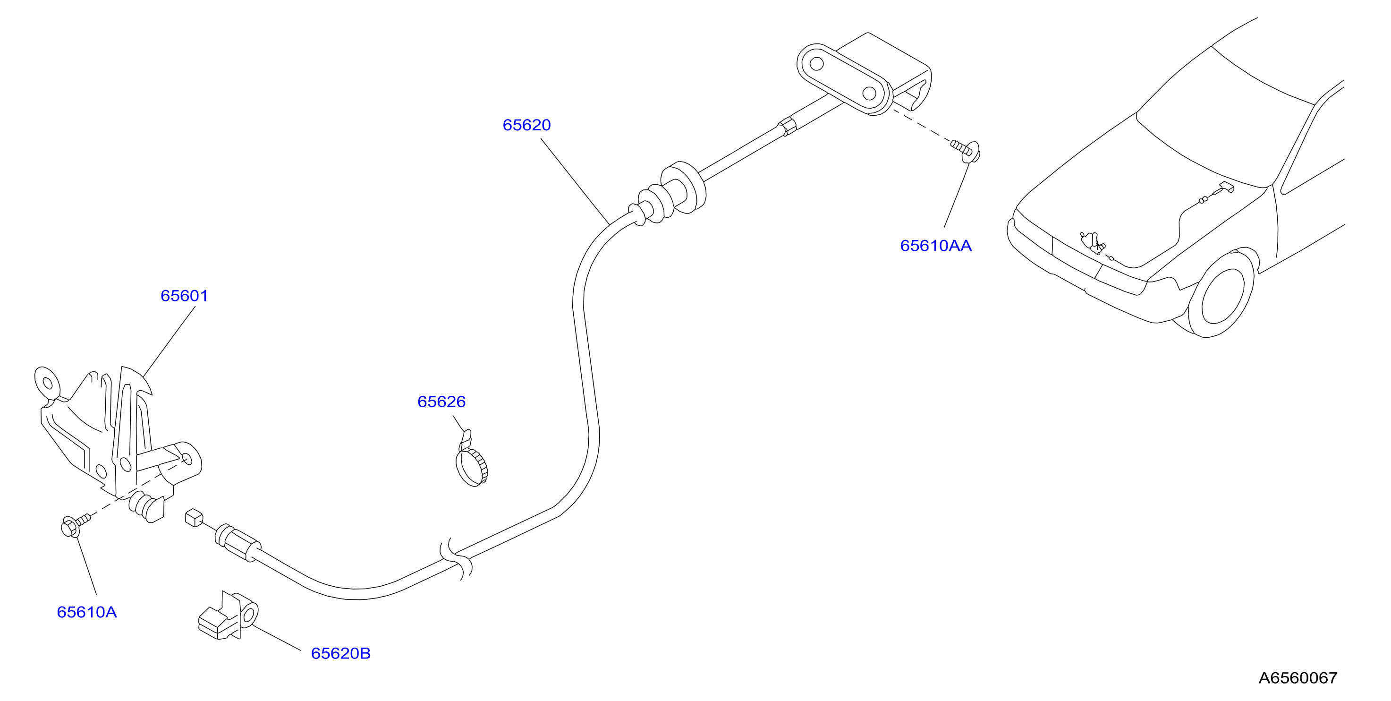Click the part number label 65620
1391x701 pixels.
(526, 125)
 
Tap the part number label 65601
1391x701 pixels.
(184, 296)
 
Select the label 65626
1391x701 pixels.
(441, 402)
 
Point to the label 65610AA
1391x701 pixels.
(935, 246)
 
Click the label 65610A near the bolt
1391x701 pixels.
(87, 612)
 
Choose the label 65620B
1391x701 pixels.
(341, 653)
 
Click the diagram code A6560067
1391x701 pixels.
(1298, 678)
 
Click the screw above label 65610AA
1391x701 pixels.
(967, 150)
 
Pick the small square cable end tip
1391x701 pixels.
(194, 517)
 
